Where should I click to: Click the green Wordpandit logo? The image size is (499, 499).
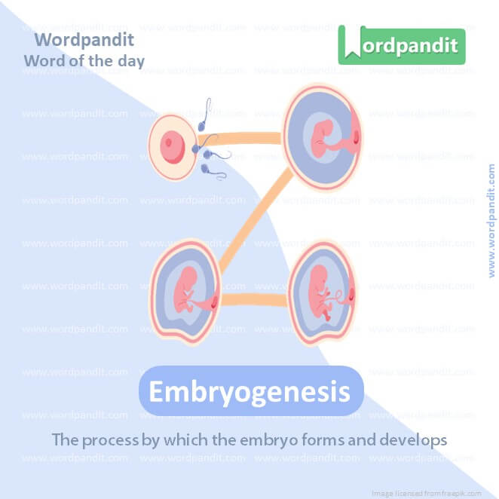[x=401, y=44]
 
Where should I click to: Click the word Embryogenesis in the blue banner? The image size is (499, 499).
[x=249, y=392]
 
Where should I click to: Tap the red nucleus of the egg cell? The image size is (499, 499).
[x=173, y=142]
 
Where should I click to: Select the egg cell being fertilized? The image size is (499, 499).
[x=173, y=142]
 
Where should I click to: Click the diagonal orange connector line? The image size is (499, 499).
[x=253, y=222]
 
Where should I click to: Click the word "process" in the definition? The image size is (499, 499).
[x=109, y=439]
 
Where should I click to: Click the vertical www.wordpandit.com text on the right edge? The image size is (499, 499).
[x=491, y=221]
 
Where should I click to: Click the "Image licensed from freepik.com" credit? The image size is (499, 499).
[x=427, y=492]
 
